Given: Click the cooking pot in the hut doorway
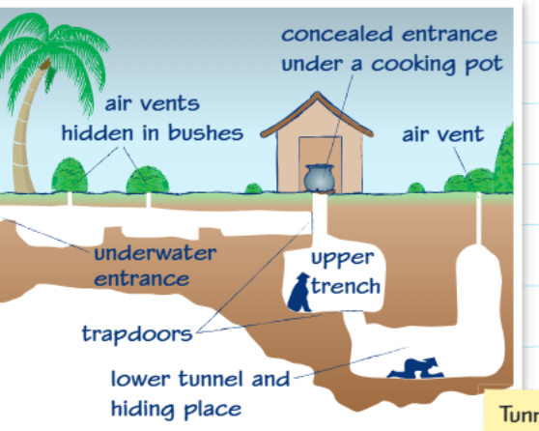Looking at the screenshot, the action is point(319,178).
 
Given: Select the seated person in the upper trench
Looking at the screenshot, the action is point(299,293).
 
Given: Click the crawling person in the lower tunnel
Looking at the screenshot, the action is point(415,368).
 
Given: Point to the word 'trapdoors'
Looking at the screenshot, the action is point(137,334).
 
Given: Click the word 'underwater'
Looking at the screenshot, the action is point(156,253).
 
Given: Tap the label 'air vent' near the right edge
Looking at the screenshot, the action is point(443,134).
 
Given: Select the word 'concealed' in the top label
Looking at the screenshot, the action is point(337,34).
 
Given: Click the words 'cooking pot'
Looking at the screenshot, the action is point(438,65).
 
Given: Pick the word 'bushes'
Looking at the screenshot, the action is point(206,132).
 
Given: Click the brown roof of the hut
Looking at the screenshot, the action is point(317,115).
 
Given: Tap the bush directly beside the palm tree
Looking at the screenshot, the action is point(70,175).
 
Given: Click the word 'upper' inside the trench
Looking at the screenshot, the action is point(342,258).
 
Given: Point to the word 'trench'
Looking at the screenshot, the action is point(346,286).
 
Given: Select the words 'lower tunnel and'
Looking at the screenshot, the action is point(200,379).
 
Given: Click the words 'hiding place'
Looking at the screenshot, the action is point(177,410).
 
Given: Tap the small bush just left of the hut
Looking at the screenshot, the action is point(253,188).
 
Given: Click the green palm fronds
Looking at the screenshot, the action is point(55,59).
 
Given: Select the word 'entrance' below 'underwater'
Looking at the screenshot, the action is point(142,279).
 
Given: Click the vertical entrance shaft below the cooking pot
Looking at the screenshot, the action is point(320,215).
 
